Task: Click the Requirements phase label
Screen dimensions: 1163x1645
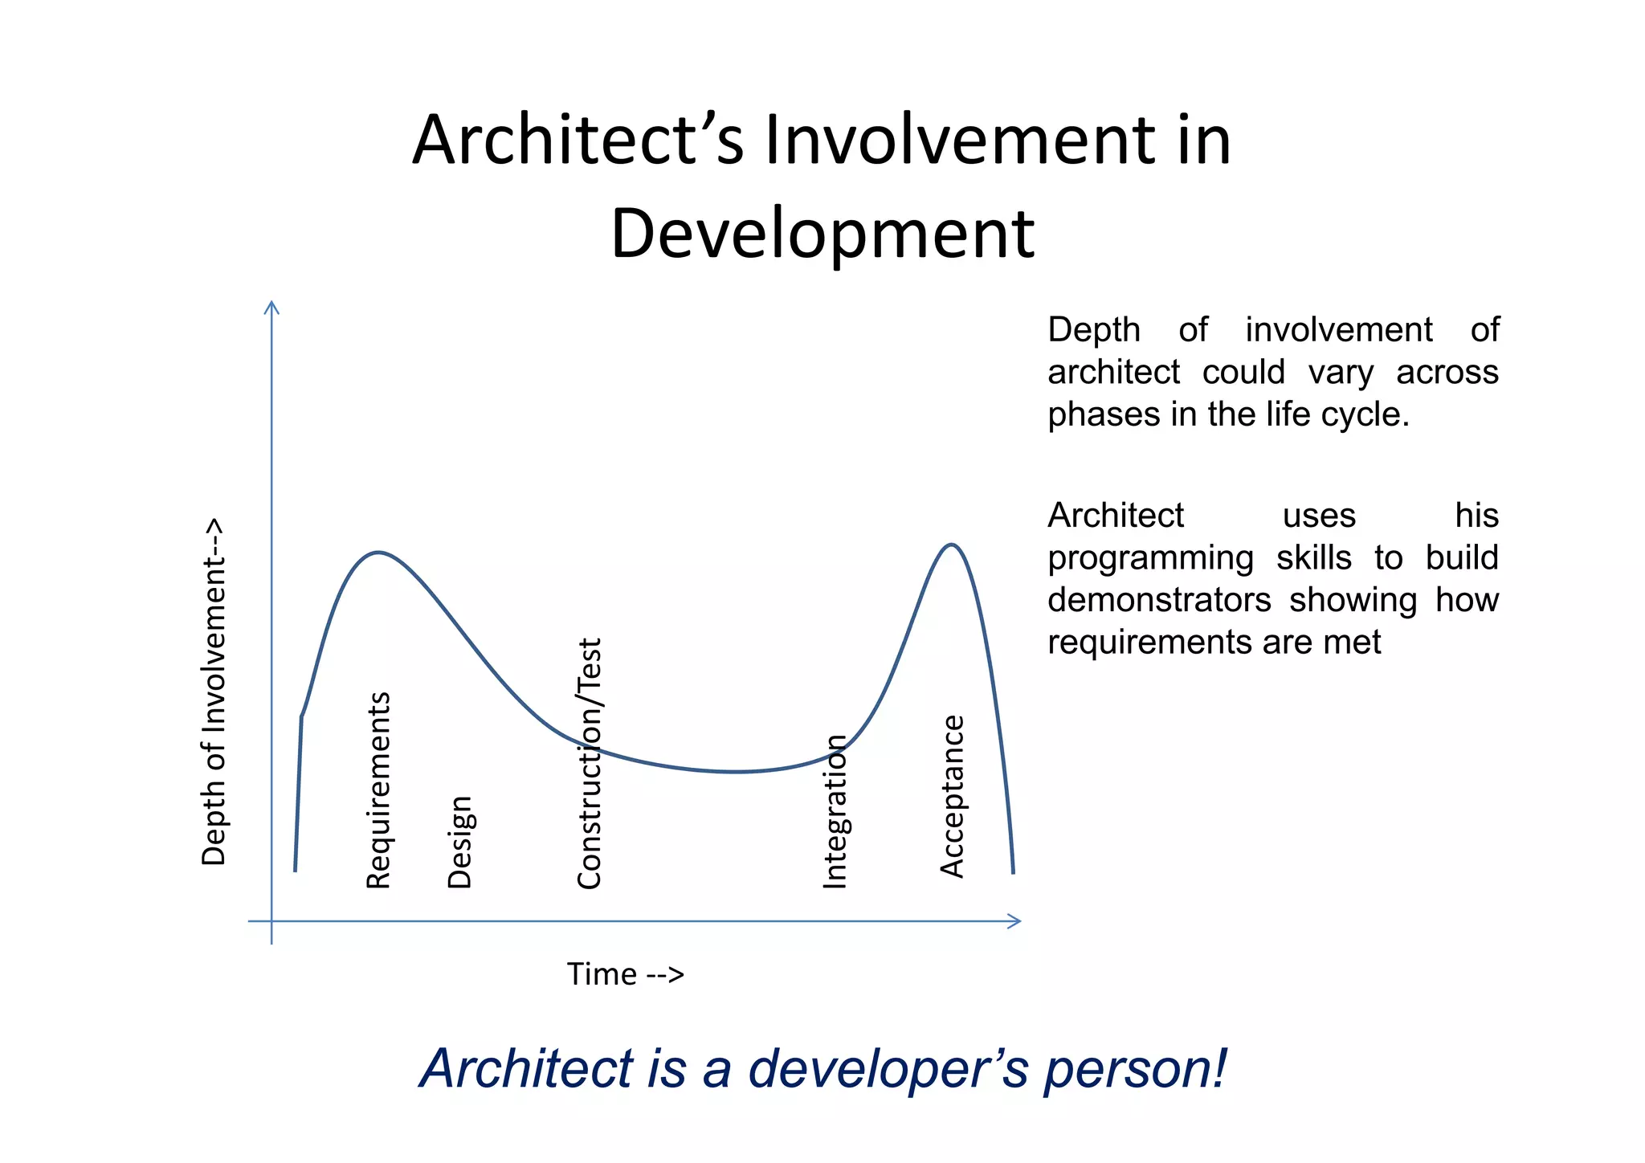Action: [x=378, y=790]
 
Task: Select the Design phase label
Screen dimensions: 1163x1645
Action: [x=459, y=842]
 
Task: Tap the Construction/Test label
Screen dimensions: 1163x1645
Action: [x=589, y=763]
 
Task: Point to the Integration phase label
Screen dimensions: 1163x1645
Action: [x=835, y=811]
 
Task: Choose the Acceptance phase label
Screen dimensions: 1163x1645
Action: [x=952, y=795]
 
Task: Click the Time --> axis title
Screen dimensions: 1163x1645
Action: [x=625, y=974]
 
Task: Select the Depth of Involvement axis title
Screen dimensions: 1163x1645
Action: [x=214, y=691]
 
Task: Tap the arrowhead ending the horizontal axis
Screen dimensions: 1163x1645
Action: [x=1015, y=921]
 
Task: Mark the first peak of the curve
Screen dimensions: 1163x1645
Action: [x=378, y=553]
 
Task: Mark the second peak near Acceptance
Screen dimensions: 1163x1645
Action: [x=951, y=545]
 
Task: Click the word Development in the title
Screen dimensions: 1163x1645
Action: [x=822, y=234]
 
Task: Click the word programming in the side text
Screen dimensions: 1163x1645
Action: [x=1150, y=558]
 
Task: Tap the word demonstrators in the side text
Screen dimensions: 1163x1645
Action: [x=1159, y=600]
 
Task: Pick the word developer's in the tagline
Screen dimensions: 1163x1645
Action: [x=888, y=1069]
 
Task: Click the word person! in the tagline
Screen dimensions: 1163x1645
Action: [x=1136, y=1069]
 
